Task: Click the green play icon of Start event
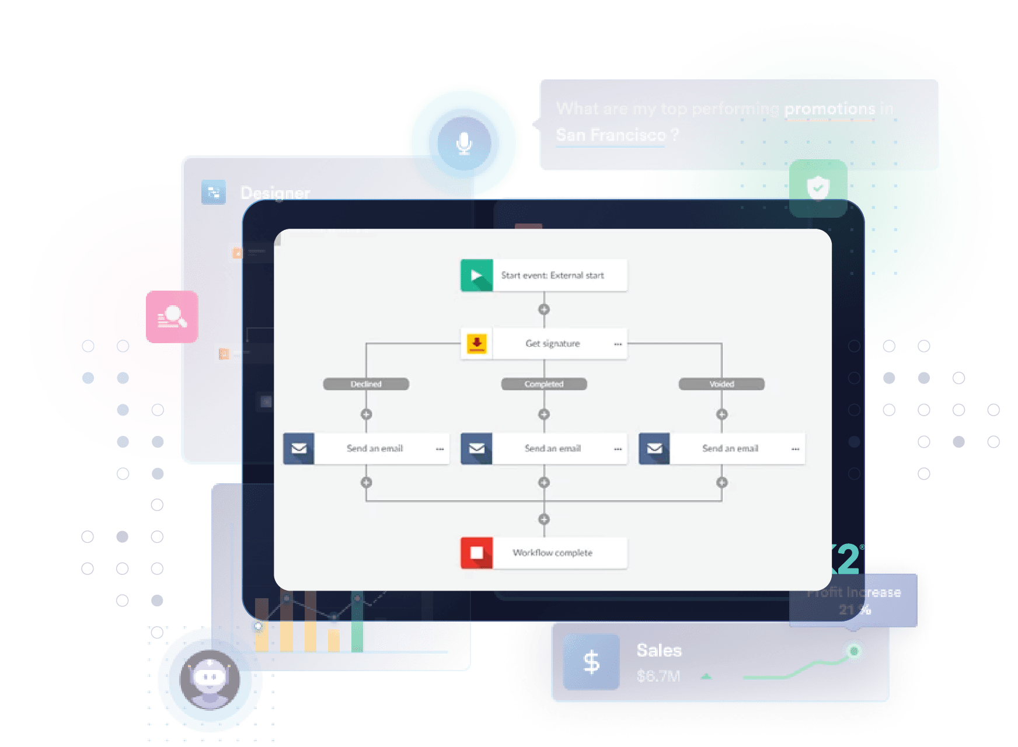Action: pyautogui.click(x=476, y=275)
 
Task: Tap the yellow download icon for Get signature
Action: pyautogui.click(x=476, y=343)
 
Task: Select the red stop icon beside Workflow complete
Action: pyautogui.click(x=476, y=553)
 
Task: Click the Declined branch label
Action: pyautogui.click(x=366, y=384)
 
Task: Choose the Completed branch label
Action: pyautogui.click(x=544, y=384)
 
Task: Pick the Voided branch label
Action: pyautogui.click(x=721, y=384)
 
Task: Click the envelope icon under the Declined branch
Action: pyautogui.click(x=299, y=448)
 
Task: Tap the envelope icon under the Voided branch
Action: pyautogui.click(x=654, y=448)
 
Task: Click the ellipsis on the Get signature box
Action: pyautogui.click(x=618, y=344)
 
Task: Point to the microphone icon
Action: pyautogui.click(x=464, y=143)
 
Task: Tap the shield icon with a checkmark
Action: pyautogui.click(x=818, y=188)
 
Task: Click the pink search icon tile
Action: pyautogui.click(x=172, y=317)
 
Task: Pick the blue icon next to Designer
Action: pyautogui.click(x=214, y=192)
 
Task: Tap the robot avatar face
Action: pyautogui.click(x=210, y=678)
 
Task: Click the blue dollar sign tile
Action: pyautogui.click(x=591, y=662)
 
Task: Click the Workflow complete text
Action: pyautogui.click(x=552, y=553)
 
